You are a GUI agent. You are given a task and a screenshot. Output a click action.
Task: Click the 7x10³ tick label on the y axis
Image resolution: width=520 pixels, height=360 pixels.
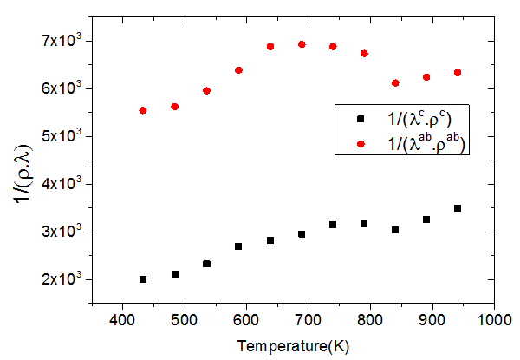60,40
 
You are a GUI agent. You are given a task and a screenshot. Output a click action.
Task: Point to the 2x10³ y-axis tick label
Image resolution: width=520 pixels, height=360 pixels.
60,279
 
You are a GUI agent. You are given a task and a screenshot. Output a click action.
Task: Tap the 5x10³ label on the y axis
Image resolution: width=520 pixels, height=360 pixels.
60,136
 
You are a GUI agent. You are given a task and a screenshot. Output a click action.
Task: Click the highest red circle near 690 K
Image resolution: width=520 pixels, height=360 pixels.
302,44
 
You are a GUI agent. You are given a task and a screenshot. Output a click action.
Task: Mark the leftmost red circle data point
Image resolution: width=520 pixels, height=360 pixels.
142,110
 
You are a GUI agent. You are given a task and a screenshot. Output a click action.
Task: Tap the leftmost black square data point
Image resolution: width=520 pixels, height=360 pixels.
143,279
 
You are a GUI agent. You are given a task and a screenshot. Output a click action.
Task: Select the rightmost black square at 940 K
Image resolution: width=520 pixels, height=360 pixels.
458,208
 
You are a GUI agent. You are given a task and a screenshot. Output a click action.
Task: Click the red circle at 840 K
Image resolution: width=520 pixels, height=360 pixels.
395,82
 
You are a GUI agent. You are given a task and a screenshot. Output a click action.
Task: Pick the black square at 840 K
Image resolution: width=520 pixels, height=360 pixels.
395,230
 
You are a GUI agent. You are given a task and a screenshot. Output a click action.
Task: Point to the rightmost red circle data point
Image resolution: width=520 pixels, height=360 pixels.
458,73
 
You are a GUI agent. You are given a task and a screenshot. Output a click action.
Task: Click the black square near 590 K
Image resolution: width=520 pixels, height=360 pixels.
238,246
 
